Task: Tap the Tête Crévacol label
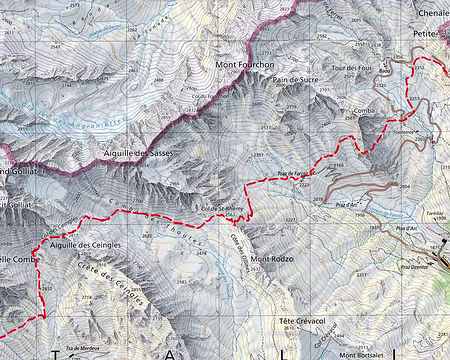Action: pos(296,321)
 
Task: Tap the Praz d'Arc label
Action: pos(348,205)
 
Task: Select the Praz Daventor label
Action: pos(413,267)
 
